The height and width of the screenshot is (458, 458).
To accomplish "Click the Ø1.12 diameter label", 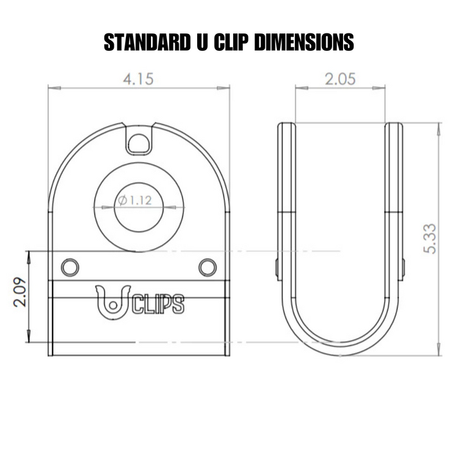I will pyautogui.click(x=134, y=200).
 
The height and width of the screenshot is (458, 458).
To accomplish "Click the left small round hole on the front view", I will pyautogui.click(x=69, y=266).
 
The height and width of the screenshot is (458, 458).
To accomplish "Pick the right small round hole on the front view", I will pyautogui.click(x=207, y=266).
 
